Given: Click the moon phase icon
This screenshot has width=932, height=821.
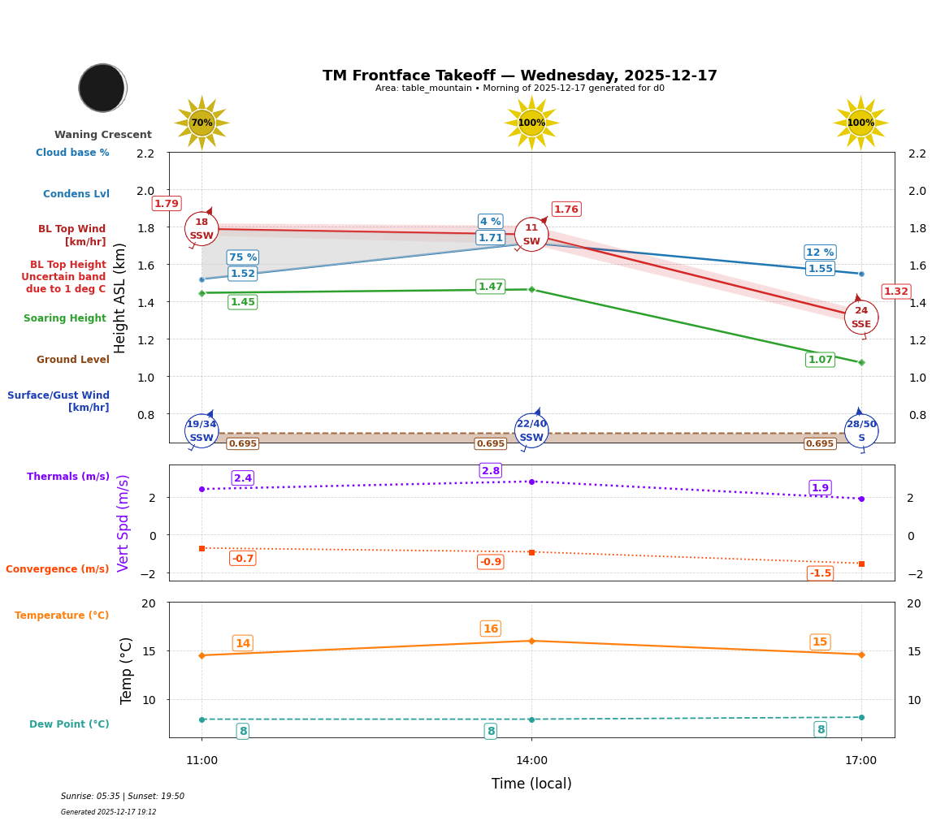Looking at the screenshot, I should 102,88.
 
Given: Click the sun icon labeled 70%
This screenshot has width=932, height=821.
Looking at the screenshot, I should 202,123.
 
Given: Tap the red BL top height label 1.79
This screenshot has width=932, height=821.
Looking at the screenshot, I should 167,204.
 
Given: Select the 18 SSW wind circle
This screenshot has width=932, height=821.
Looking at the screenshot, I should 202,229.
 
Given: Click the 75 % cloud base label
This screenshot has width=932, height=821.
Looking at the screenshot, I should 242,257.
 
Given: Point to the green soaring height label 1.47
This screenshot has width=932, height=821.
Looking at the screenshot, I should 490,287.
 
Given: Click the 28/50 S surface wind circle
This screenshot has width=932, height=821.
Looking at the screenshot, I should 861,430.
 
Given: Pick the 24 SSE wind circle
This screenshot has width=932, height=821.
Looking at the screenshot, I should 861,317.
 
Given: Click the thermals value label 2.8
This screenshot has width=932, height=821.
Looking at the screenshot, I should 491,471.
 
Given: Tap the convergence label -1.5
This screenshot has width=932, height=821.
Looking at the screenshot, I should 821,573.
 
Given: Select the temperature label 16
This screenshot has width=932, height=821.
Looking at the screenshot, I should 491,629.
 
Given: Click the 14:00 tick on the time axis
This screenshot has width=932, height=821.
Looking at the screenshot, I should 531,760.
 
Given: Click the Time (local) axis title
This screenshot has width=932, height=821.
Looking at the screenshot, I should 531,784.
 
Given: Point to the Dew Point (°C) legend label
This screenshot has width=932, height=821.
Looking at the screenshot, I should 69,724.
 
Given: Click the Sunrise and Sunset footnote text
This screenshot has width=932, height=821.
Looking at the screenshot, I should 123,797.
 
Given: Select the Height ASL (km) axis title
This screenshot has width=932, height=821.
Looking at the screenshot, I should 120,298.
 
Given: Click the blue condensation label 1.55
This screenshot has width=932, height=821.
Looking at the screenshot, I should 820,269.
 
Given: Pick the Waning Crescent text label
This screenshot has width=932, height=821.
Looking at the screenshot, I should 103,135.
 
